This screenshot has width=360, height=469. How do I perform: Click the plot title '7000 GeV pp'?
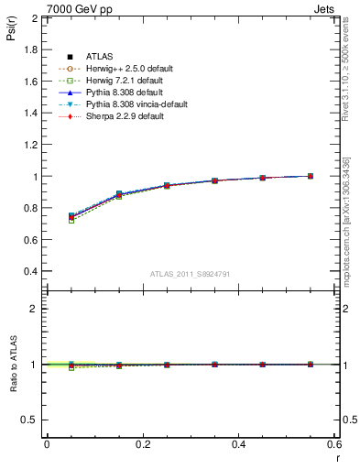pyautogui.click(x=72, y=7)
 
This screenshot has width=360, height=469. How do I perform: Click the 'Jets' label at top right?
pyautogui.click(x=327, y=7)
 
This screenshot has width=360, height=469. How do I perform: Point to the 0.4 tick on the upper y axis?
pyautogui.click(x=30, y=272)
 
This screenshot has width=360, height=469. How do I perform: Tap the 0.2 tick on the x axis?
pyautogui.click(x=142, y=444)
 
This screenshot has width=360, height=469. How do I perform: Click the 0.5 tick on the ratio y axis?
pyautogui.click(x=30, y=420)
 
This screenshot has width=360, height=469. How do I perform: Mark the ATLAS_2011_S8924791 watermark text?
pyautogui.click(x=190, y=274)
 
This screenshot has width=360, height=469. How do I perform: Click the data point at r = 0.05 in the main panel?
pyautogui.click(x=71, y=217)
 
